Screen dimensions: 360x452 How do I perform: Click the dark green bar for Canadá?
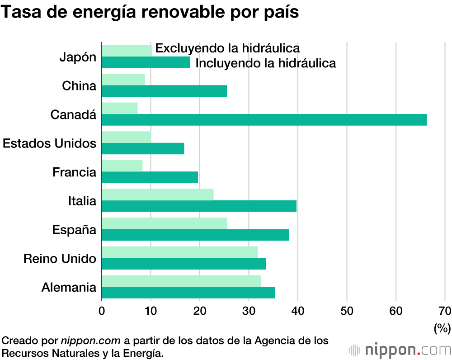point(264,120)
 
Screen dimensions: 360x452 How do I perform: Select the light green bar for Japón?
point(127,51)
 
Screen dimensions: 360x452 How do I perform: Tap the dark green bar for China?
point(164,91)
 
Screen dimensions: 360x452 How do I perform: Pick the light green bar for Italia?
point(157,194)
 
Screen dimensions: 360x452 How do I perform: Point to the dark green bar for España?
point(195,235)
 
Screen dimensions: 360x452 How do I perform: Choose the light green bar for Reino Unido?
point(179,252)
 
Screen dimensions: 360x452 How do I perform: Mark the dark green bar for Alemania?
point(188,293)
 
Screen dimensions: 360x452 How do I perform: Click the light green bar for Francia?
point(122,166)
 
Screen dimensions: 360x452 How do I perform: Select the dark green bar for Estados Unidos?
point(143,148)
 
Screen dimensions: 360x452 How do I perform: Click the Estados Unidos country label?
point(50,143)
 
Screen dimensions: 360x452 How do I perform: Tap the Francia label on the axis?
point(75,172)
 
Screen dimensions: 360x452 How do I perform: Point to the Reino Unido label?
point(60,259)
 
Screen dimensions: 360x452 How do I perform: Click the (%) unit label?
point(442,328)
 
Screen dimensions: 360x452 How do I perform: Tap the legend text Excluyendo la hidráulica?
point(227,48)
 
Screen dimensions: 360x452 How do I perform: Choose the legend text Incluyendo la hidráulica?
point(266,63)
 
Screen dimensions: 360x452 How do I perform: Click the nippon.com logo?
point(400,350)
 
